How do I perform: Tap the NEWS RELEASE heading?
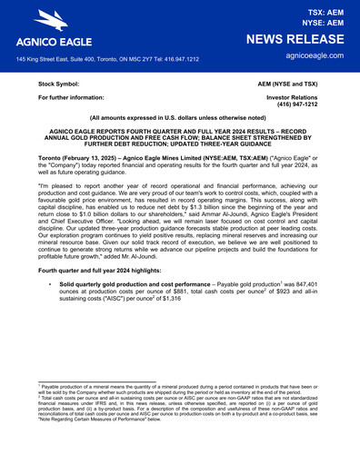(298, 39)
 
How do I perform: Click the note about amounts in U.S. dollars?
(179, 119)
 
